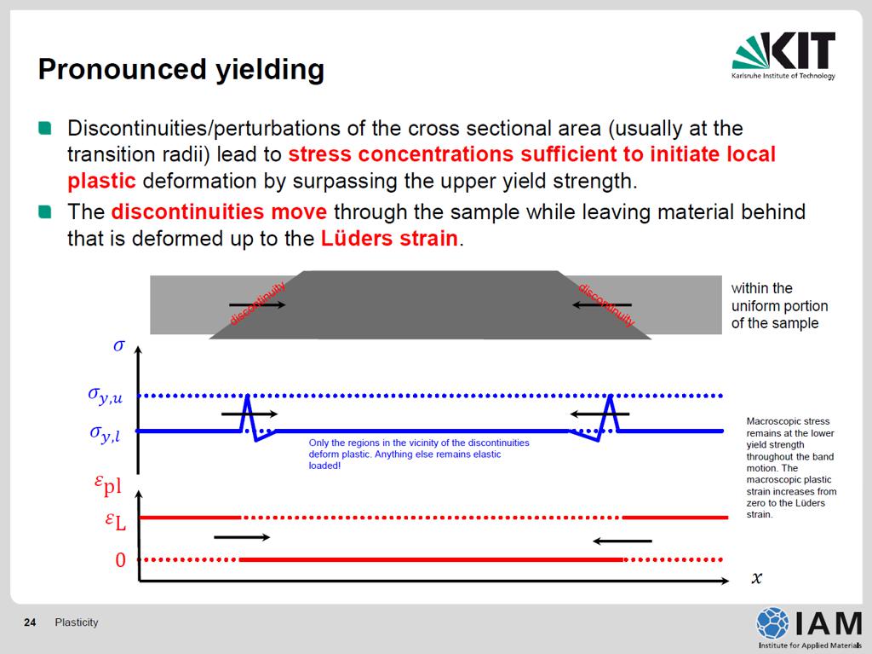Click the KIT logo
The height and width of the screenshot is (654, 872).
783,55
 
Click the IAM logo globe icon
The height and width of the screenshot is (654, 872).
772,622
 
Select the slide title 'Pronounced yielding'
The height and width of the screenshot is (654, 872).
181,70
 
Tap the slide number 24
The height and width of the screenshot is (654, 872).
30,622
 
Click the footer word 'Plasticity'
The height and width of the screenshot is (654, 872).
76,622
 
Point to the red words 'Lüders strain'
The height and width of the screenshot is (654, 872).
390,239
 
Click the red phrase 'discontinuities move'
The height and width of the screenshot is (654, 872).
219,211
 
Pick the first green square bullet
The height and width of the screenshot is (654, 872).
45,129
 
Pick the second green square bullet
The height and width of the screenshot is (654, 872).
45,212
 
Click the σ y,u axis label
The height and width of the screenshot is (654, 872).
105,396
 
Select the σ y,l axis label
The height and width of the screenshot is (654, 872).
105,433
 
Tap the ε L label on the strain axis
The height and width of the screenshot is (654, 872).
116,520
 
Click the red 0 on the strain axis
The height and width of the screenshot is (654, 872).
121,560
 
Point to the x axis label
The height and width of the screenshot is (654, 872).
756,577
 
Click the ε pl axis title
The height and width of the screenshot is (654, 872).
108,484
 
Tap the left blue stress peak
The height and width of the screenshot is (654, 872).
248,396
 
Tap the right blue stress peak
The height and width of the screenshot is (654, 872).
611,396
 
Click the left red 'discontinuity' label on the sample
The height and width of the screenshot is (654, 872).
257,304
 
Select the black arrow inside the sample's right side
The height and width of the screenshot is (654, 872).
602,304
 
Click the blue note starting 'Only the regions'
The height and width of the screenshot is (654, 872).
419,454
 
